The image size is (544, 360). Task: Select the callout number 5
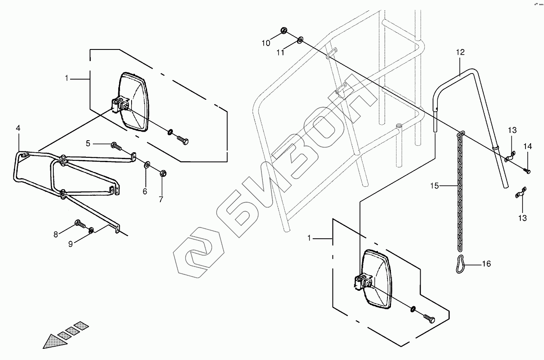pos(88,144)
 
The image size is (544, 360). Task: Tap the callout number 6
pos(145,191)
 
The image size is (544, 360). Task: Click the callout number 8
pos(55,234)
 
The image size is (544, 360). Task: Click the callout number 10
pos(266,43)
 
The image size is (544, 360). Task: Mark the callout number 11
pos(280,53)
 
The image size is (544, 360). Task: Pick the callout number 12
pos(460,52)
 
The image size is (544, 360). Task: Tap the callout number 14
pos(527,147)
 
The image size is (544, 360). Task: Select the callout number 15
pos(435,186)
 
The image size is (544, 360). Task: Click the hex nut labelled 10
pos(284,30)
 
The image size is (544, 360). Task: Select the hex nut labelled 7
pos(163,173)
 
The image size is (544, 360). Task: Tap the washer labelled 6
pos(147,164)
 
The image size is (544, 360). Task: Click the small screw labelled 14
pos(527,171)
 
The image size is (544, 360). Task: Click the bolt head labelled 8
pos(78,223)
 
